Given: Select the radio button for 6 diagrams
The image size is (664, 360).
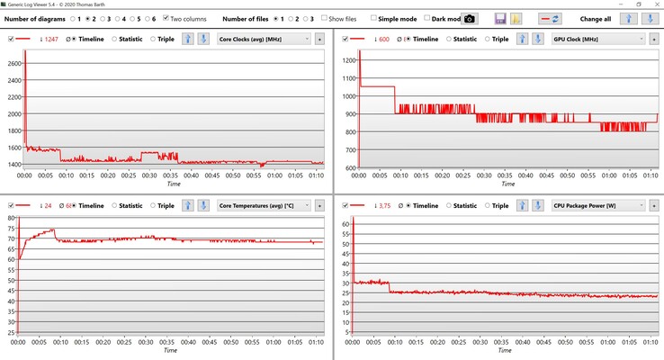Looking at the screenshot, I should coord(146,18).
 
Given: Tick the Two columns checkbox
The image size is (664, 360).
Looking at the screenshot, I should coord(166,18).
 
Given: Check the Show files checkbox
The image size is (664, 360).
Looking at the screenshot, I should coord(325,18).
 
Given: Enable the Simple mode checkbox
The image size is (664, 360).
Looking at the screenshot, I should coord(372,18).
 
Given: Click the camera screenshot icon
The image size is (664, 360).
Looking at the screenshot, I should coord(469,18).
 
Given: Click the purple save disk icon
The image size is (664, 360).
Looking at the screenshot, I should coord(500,18).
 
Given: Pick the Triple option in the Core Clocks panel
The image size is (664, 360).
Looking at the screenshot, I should coord(154,40).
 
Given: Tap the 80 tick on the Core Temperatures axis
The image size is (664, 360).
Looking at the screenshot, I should coord(13,218).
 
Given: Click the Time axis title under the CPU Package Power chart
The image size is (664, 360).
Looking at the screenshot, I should coord(507,350).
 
